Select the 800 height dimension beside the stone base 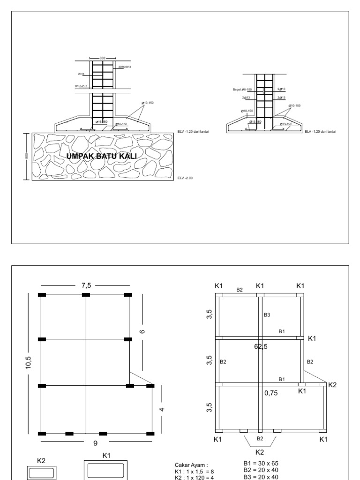click(27, 157)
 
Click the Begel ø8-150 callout click(242, 89)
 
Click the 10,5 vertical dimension click(29, 362)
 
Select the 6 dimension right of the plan click(142, 331)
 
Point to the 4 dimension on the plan click(162, 409)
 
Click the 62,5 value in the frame click(261, 346)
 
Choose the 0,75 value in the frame click(271, 393)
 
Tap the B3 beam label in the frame click(267, 315)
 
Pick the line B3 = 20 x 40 click(259, 477)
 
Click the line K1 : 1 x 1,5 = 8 click(194, 472)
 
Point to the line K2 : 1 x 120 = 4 click(194, 477)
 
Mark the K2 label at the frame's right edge click(332, 384)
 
